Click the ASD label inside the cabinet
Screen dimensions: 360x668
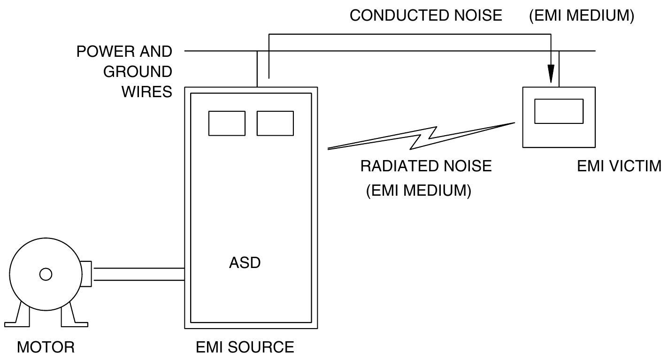pos(245,263)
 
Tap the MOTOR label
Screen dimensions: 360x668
pos(46,347)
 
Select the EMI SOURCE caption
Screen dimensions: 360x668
pos(245,347)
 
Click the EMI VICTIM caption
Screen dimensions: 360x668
pos(619,166)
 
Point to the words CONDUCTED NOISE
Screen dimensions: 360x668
pos(426,15)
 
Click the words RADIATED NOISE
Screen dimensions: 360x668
pos(426,166)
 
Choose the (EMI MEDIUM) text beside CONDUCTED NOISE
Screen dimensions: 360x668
pos(582,15)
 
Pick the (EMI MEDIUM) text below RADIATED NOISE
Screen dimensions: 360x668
pos(418,191)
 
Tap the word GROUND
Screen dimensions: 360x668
pos(138,72)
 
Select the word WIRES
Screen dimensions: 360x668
pos(146,92)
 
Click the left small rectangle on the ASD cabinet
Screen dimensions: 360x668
pos(227,123)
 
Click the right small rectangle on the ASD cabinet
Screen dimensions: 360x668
pos(275,123)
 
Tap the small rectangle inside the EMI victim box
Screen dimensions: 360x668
pos(559,111)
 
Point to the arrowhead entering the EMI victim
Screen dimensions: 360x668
pos(551,75)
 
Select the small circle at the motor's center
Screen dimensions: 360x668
pos(46,274)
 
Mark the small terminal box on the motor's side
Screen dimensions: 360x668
pos(86,274)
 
